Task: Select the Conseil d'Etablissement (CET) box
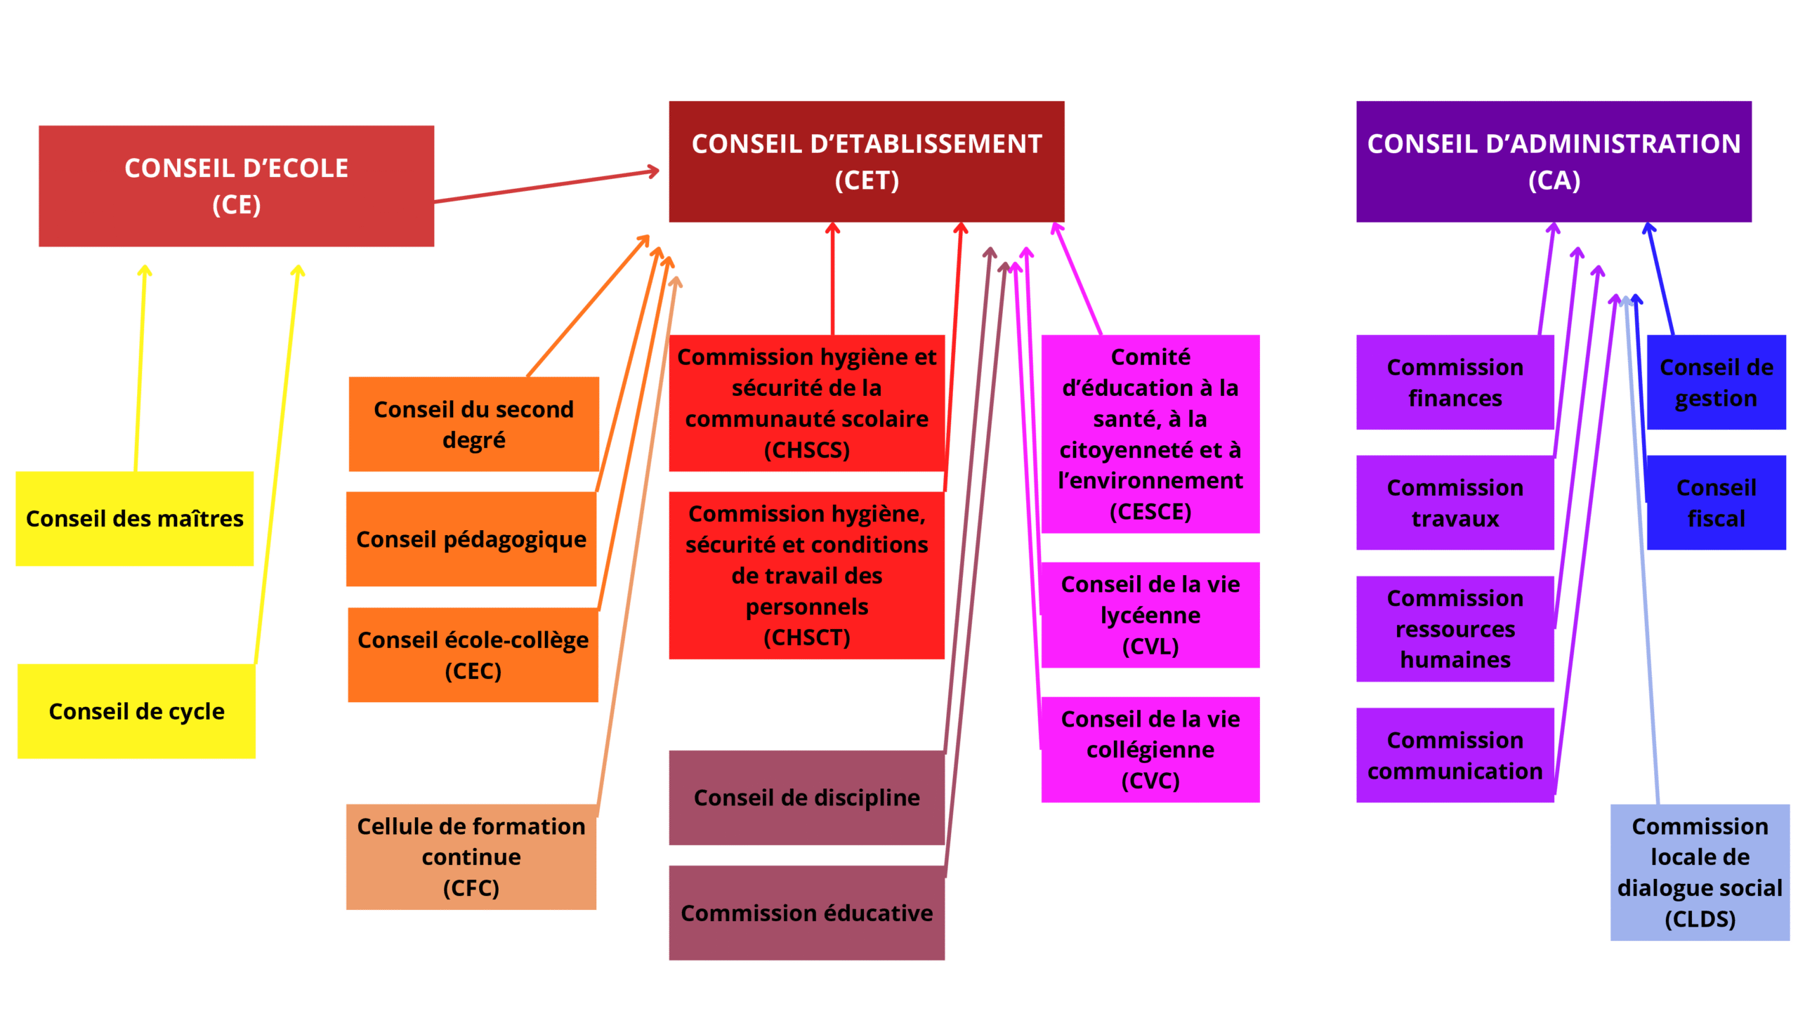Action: [866, 161]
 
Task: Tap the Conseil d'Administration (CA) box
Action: [1553, 161]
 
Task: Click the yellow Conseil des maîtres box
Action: [134, 518]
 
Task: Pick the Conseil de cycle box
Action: [136, 711]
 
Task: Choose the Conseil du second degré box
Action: [473, 424]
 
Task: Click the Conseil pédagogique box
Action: [471, 538]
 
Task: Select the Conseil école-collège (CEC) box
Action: [473, 654]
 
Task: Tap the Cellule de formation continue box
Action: [471, 857]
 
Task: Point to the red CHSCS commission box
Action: [806, 403]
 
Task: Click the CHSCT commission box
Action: [806, 575]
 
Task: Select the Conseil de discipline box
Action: [806, 797]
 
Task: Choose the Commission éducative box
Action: [806, 912]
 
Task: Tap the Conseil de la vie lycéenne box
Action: [1150, 614]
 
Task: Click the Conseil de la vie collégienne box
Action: [1150, 749]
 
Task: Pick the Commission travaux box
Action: [1455, 503]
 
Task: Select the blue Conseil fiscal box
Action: [1716, 503]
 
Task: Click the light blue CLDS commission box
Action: [1699, 872]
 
